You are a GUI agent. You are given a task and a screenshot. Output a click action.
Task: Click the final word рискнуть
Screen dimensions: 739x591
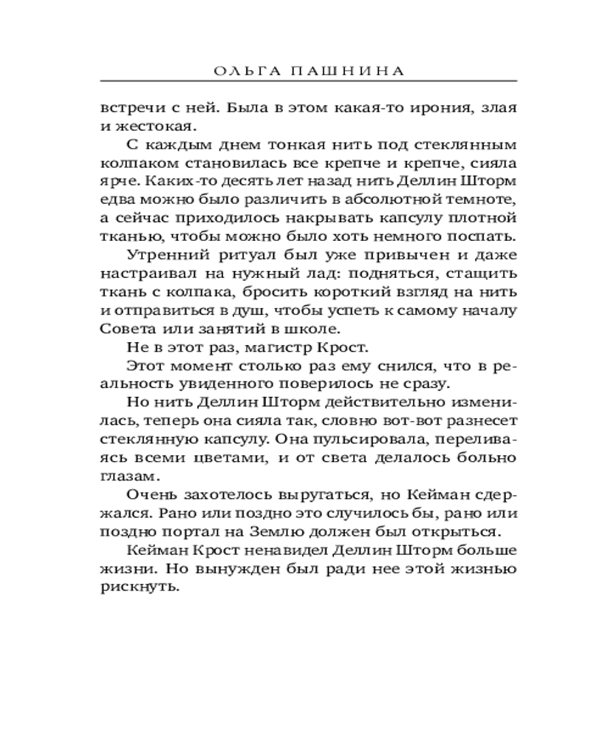[x=140, y=588]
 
